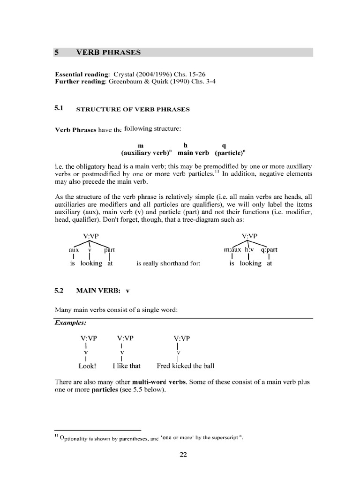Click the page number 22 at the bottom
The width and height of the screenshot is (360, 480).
tap(183, 454)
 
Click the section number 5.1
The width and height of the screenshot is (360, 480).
tap(59, 109)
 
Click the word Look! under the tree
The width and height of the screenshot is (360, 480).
tap(87, 366)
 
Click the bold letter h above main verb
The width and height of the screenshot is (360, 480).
tap(186, 145)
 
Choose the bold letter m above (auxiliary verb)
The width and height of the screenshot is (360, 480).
tap(140, 145)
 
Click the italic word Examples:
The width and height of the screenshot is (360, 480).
tap(70, 323)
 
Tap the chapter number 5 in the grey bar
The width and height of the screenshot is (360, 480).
tap(56, 52)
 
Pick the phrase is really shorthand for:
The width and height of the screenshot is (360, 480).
tap(168, 263)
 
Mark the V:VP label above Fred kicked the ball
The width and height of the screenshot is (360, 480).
tap(182, 337)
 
